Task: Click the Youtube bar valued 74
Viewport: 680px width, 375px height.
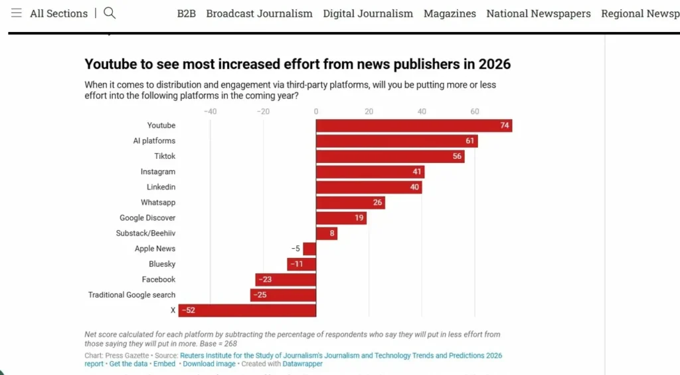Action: tap(414, 126)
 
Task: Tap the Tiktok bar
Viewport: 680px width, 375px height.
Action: tap(390, 156)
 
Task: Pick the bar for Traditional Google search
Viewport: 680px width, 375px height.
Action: tap(283, 295)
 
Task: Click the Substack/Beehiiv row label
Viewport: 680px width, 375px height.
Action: tap(145, 233)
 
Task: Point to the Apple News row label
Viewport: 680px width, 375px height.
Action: tap(155, 249)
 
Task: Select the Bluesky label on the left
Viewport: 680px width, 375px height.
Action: tap(162, 264)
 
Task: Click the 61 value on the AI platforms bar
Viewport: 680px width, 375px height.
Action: tap(469, 141)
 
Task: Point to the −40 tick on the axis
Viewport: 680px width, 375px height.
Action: tap(210, 112)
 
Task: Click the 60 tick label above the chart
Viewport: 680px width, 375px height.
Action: tap(474, 112)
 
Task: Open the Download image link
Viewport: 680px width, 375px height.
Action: tap(209, 364)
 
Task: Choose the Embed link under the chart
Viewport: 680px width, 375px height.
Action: tap(165, 364)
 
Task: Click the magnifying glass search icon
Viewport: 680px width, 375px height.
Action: tap(110, 13)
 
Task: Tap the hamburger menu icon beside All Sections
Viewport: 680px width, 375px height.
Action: tap(17, 13)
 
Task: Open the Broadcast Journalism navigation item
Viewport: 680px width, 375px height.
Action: tap(259, 13)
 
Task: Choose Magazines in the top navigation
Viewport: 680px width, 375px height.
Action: tap(450, 13)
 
